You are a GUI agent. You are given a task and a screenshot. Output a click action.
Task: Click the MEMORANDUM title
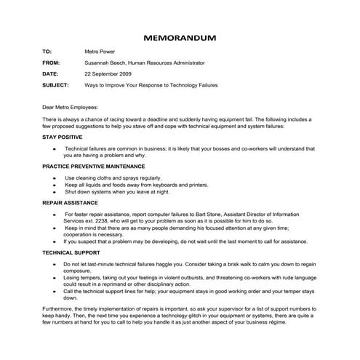pyautogui.click(x=180, y=36)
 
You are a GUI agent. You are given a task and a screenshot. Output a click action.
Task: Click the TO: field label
pyautogui.click(x=48, y=52)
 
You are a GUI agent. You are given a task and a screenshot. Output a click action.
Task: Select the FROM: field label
pyautogui.click(x=52, y=63)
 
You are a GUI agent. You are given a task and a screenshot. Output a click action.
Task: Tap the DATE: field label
pyautogui.click(x=50, y=74)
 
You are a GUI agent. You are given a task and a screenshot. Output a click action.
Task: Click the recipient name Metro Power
pyautogui.click(x=101, y=52)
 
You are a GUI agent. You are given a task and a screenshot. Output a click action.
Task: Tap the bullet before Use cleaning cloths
pyautogui.click(x=55, y=177)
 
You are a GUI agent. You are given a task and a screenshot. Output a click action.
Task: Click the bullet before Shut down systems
pyautogui.click(x=55, y=193)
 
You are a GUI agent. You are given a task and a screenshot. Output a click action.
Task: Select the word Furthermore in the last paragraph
pyautogui.click(x=62, y=311)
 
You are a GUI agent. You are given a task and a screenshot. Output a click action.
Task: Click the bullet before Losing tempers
pyautogui.click(x=55, y=278)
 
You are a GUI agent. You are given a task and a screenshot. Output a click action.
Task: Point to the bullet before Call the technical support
pyautogui.click(x=55, y=292)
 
